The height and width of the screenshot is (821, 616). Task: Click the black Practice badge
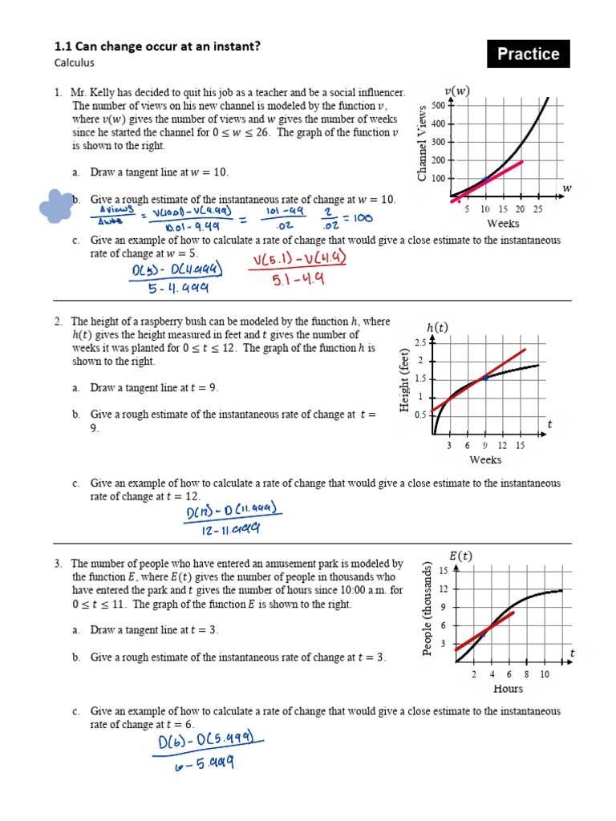(528, 55)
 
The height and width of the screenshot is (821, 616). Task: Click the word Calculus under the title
(75, 63)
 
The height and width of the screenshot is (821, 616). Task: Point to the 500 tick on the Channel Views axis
(438, 106)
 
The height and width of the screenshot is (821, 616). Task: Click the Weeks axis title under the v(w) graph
(503, 224)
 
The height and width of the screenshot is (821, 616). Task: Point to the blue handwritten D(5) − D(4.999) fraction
(179, 277)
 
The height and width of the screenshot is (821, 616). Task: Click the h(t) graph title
(438, 326)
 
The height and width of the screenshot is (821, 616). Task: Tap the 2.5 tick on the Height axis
(419, 342)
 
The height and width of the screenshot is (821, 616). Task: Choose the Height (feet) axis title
(404, 379)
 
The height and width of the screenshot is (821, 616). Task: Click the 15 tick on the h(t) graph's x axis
(520, 446)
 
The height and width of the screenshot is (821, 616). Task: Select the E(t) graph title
(460, 556)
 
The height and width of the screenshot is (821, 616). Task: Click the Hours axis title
(508, 688)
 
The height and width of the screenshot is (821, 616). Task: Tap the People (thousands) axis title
(428, 609)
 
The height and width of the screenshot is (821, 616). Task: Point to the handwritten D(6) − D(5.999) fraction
(205, 753)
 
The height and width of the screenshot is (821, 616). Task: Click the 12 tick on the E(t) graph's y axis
(444, 588)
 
